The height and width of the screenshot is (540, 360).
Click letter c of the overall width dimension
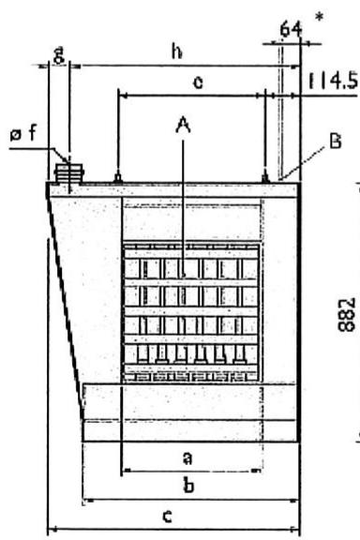coord(167,516)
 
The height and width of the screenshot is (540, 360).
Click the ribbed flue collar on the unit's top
coord(69,173)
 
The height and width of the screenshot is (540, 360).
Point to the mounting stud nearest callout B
coord(265,177)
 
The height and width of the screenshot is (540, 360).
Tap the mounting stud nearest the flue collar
coord(117,177)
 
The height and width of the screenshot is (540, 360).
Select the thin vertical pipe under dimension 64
coord(280,112)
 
